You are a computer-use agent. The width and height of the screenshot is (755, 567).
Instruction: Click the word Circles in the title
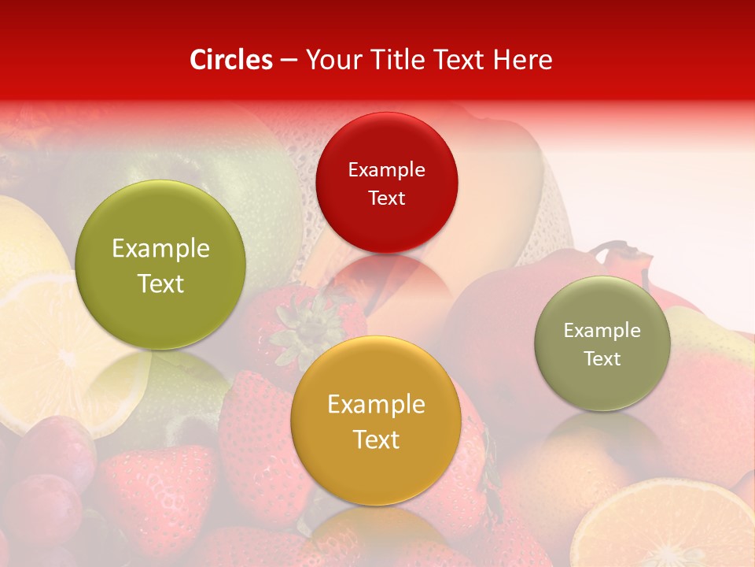(231, 60)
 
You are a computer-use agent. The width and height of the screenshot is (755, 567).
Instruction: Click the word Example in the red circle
(386, 169)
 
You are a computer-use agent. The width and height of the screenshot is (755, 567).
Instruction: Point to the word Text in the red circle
(386, 198)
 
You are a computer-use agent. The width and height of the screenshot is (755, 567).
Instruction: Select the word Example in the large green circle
(160, 249)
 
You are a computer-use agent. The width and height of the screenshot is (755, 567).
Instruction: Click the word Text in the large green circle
(160, 283)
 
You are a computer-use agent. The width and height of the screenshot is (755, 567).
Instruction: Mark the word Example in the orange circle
(376, 405)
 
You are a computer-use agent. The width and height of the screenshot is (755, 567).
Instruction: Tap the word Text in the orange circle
(376, 439)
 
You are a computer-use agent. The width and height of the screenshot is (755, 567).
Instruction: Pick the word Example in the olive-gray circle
(602, 330)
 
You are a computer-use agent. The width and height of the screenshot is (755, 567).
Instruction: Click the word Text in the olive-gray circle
(602, 358)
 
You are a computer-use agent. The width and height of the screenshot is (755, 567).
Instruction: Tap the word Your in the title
(331, 60)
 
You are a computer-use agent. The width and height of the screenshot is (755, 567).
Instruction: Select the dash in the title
(289, 61)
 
